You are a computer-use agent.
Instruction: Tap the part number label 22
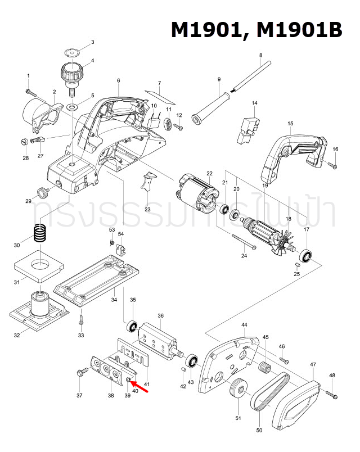209,173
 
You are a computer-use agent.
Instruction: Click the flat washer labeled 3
72,51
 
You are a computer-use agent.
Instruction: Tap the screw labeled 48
331,394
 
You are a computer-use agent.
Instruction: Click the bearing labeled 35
133,326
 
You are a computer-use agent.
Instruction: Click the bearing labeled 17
307,255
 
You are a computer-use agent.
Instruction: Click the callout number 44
244,326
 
